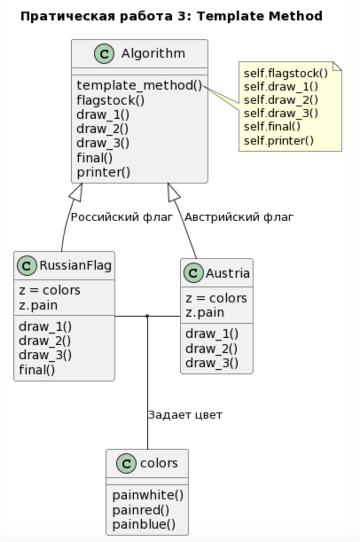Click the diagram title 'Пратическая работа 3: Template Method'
tap(171, 16)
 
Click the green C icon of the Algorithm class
tap(104, 54)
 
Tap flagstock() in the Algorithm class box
tap(111, 99)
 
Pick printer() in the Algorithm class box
tap(103, 172)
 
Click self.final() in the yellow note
tap(272, 126)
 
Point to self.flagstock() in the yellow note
tap(285, 73)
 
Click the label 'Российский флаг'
tap(122, 217)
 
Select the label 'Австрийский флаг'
tap(239, 217)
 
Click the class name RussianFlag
tap(75, 265)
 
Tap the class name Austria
tap(227, 274)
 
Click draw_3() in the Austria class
tap(211, 363)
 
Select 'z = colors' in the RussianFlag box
tap(50, 290)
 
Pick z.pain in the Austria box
tap(205, 312)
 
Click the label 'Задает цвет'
tap(185, 414)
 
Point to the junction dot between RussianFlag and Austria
tap(147, 316)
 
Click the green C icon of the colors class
tap(124, 464)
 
